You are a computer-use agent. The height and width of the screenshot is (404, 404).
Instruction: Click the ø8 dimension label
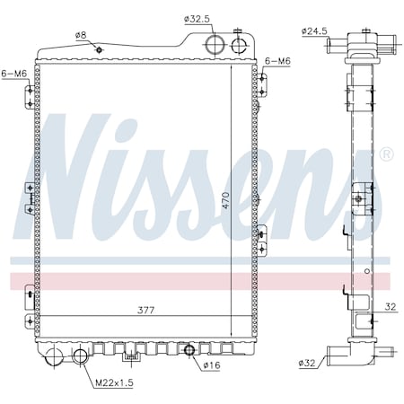[82, 35]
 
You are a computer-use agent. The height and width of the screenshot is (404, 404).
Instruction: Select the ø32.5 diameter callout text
[196, 17]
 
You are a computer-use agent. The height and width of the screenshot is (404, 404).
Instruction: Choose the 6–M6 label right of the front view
[277, 61]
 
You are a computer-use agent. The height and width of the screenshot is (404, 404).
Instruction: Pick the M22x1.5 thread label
[114, 383]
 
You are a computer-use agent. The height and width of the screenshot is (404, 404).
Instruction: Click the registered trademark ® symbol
[386, 154]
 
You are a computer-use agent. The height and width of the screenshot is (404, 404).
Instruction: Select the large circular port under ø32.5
[215, 45]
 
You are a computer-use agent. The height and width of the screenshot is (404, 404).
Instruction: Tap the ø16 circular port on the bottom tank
[189, 348]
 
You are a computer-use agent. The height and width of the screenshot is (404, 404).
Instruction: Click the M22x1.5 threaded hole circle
[81, 357]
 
